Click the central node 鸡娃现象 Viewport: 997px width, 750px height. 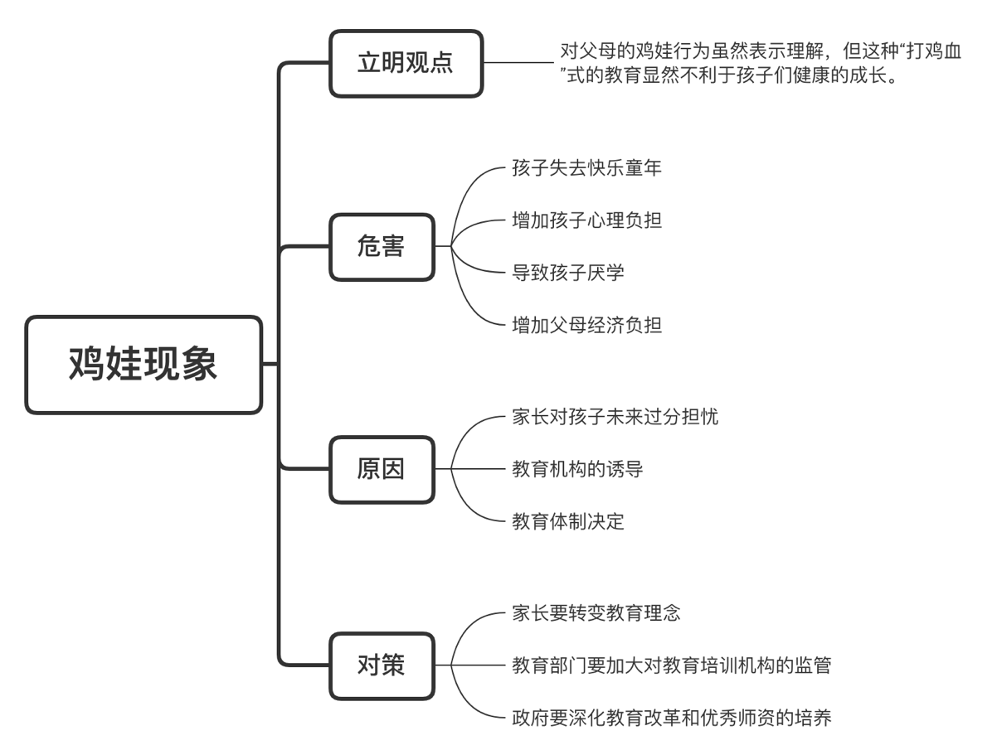[x=143, y=365]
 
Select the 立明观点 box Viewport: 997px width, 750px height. [x=406, y=64]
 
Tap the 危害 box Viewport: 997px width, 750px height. [x=382, y=247]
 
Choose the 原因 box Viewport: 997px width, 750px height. [x=382, y=470]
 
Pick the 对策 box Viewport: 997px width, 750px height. [x=382, y=665]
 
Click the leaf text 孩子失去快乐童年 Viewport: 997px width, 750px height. [x=586, y=168]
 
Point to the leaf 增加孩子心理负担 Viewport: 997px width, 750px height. [x=586, y=220]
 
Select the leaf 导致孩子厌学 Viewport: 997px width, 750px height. [x=568, y=272]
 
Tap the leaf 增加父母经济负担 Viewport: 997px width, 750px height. [x=586, y=325]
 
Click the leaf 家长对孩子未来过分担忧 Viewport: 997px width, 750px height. [x=615, y=417]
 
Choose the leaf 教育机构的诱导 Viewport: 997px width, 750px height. [x=577, y=470]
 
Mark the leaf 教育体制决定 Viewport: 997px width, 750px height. [x=568, y=521]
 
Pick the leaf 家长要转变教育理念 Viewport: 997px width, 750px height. [x=596, y=613]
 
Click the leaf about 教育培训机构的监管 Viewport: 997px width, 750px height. [x=671, y=665]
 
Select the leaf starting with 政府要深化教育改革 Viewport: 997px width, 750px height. [x=671, y=718]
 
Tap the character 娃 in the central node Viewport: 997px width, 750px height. [x=124, y=365]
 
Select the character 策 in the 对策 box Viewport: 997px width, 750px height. [x=393, y=665]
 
